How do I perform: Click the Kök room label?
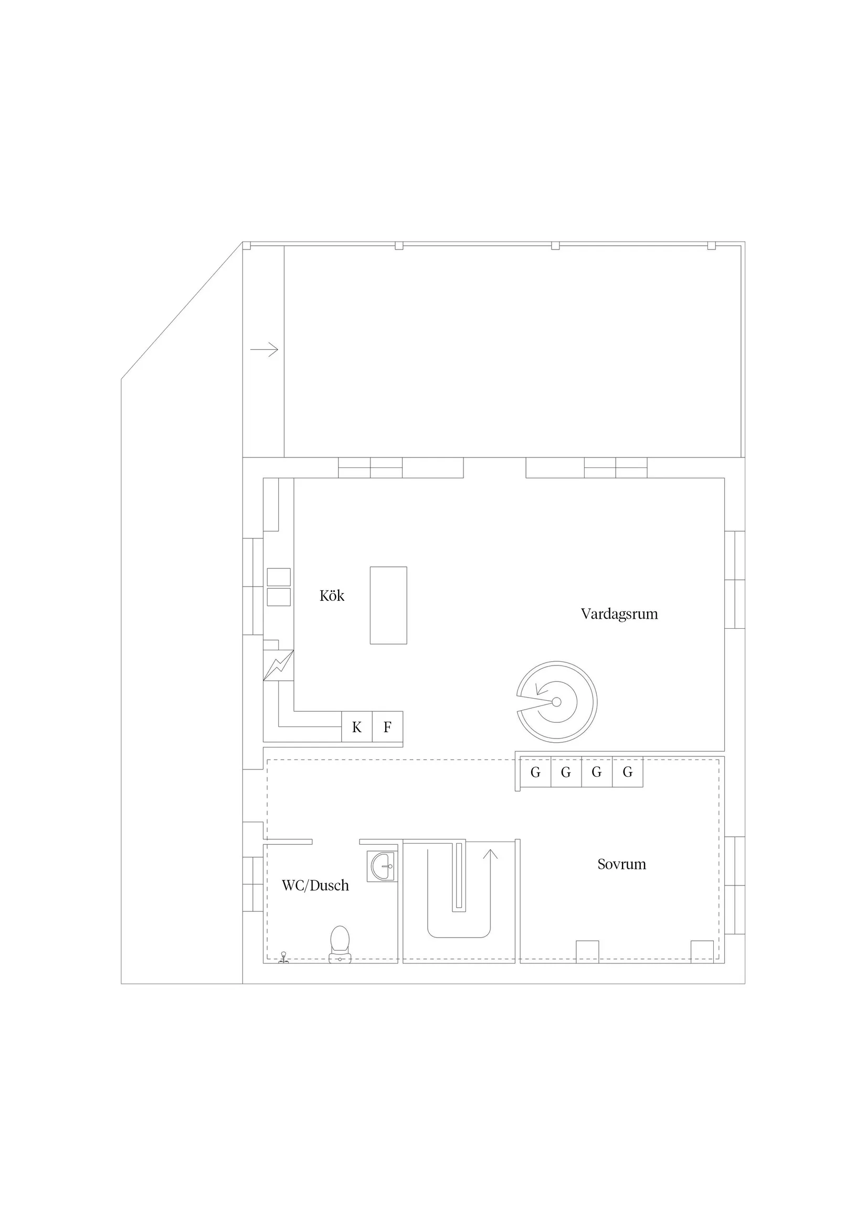pyautogui.click(x=331, y=596)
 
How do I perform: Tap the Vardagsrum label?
pyautogui.click(x=619, y=614)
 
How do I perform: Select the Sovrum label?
pyautogui.click(x=621, y=864)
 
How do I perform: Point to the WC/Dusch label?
pyautogui.click(x=315, y=885)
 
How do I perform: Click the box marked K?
pyautogui.click(x=356, y=727)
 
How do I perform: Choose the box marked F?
pyautogui.click(x=387, y=727)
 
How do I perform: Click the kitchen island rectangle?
pyautogui.click(x=388, y=605)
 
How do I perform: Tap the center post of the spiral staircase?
pyautogui.click(x=556, y=702)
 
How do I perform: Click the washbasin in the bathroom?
pyautogui.click(x=383, y=866)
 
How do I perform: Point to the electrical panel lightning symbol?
pyautogui.click(x=279, y=666)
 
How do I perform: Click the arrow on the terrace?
pyautogui.click(x=264, y=350)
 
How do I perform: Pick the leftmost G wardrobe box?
pyautogui.click(x=535, y=772)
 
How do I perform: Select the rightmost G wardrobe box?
pyautogui.click(x=628, y=772)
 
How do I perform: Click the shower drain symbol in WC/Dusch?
pyautogui.click(x=283, y=957)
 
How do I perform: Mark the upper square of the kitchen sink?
pyautogui.click(x=279, y=577)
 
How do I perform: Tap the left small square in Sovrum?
pyautogui.click(x=587, y=951)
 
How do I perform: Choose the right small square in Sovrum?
pyautogui.click(x=702, y=951)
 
